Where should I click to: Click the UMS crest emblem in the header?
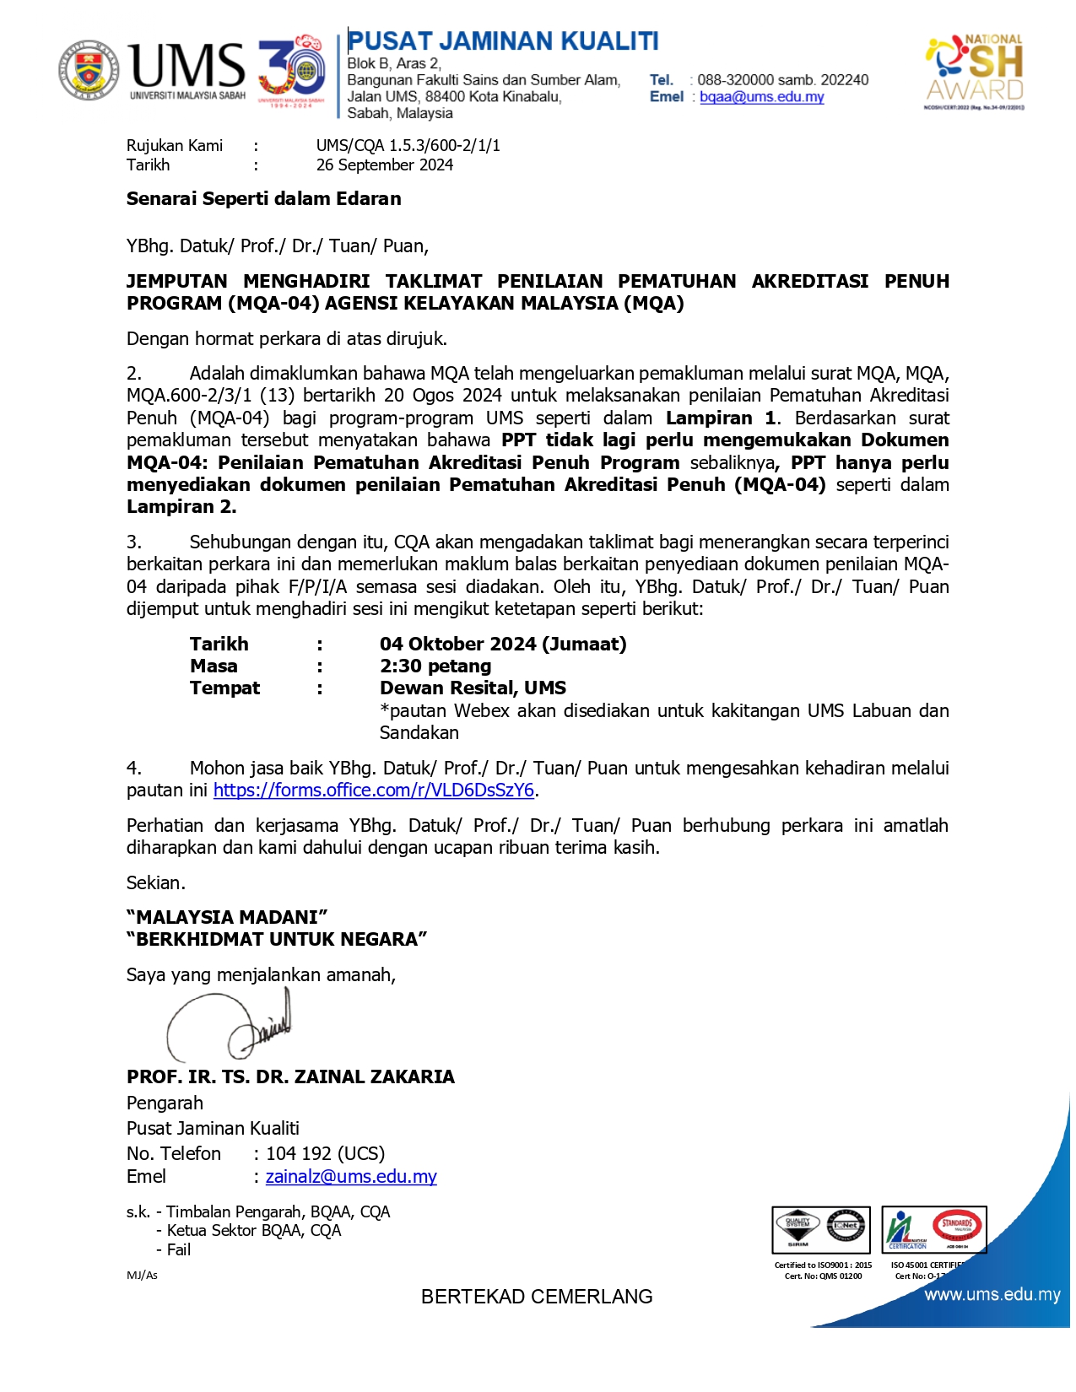89,70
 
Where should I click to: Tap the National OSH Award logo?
975,72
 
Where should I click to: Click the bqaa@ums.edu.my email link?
761,97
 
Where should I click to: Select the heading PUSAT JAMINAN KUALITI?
503,41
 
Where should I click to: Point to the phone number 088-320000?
735,80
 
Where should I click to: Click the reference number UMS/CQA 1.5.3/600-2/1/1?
408,145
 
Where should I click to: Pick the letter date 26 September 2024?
384,165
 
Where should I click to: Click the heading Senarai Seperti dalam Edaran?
263,199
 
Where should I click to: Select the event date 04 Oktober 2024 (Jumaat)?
503,645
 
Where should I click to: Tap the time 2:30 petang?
435,666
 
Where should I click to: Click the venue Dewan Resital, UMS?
473,688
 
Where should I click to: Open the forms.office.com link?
374,790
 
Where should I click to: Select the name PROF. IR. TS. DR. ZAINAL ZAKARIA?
290,1077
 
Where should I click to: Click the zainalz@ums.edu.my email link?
351,1177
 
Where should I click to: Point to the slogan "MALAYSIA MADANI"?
227,918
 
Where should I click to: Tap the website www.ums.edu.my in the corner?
992,1295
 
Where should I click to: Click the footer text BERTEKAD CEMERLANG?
537,1297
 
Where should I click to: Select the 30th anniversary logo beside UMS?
292,70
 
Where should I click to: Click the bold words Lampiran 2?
181,507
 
